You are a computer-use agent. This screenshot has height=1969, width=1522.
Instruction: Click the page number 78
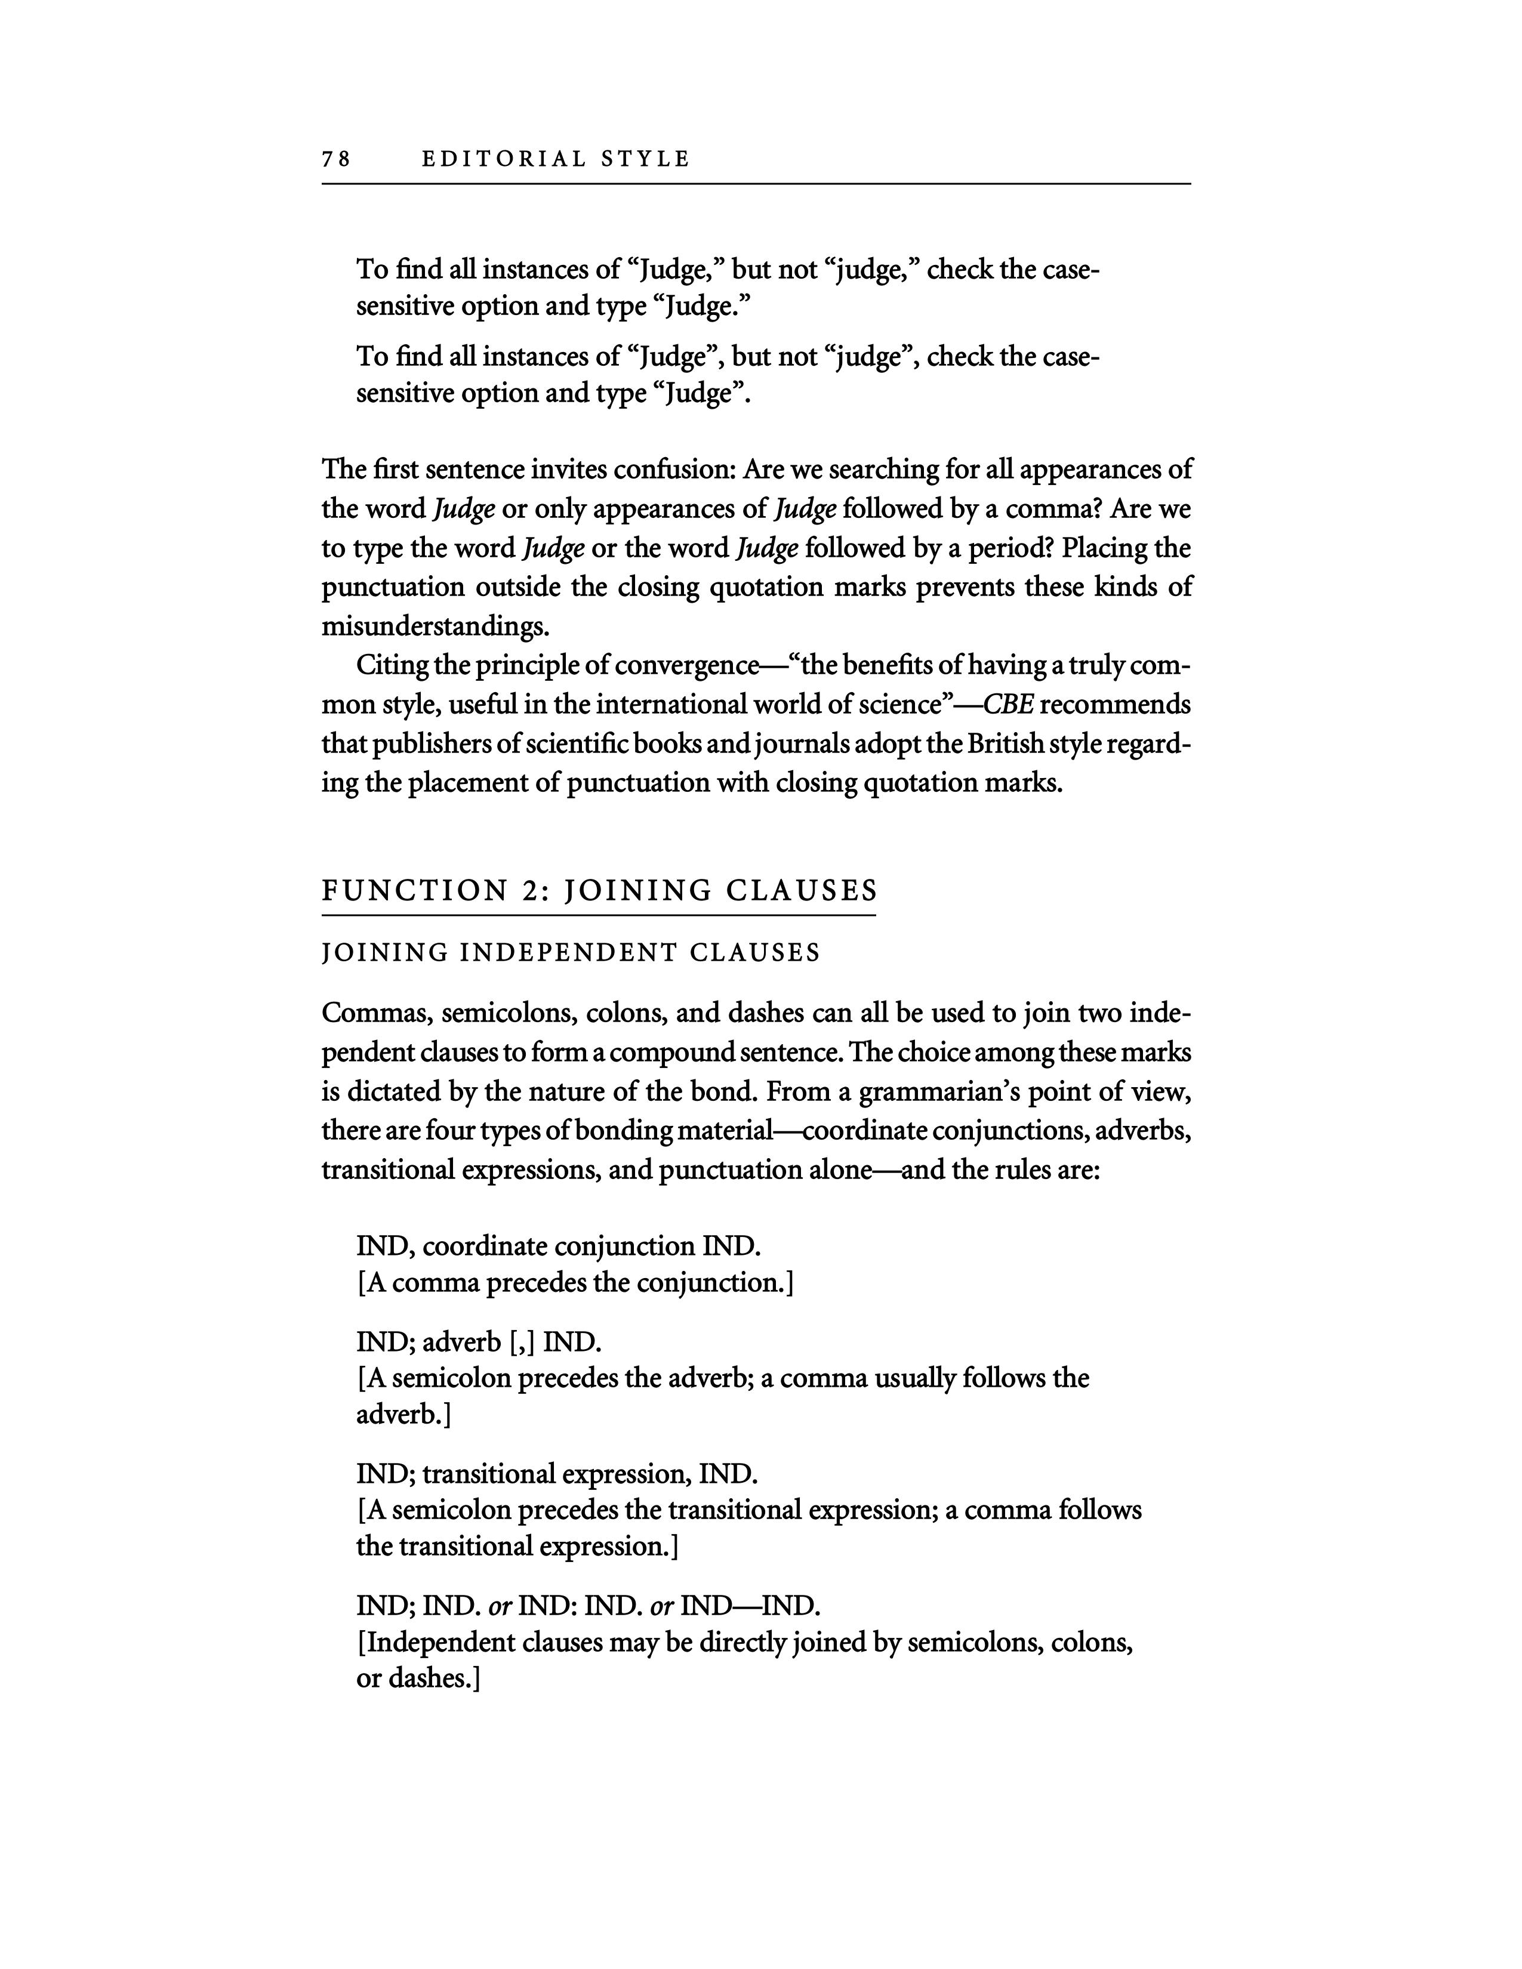coord(335,159)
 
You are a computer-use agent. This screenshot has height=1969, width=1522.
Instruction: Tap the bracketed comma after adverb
coord(522,1343)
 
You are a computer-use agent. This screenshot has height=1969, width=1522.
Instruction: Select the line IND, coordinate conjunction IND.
coord(558,1247)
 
